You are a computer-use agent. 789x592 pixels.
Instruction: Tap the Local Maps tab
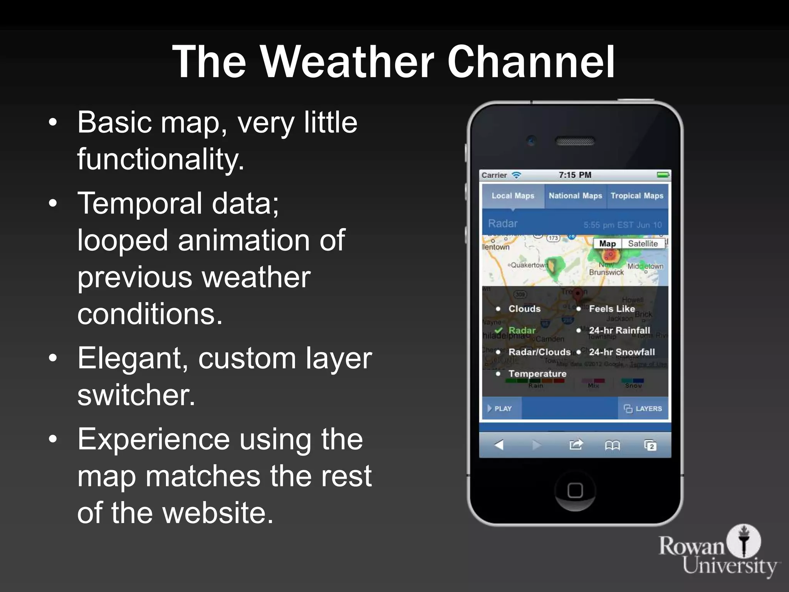click(513, 196)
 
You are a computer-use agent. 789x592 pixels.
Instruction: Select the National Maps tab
click(575, 196)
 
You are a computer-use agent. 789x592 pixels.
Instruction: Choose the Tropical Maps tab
click(637, 196)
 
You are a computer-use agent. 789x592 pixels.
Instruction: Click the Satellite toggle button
click(643, 244)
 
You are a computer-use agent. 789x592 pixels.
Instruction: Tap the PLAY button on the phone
click(500, 409)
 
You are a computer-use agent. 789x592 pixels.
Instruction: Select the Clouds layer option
click(524, 309)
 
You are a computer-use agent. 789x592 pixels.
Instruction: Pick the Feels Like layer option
click(611, 309)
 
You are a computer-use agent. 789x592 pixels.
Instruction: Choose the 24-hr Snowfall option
click(621, 352)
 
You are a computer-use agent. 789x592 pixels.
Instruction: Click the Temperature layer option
click(537, 373)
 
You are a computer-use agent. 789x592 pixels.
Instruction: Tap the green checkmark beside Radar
click(499, 330)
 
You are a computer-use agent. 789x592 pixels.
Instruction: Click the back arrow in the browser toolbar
click(499, 445)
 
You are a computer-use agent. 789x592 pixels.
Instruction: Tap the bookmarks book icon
click(612, 446)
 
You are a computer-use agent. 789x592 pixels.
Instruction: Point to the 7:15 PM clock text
click(575, 175)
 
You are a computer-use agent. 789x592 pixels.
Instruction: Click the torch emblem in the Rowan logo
click(744, 540)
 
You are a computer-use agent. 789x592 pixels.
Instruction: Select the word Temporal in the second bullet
click(139, 203)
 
